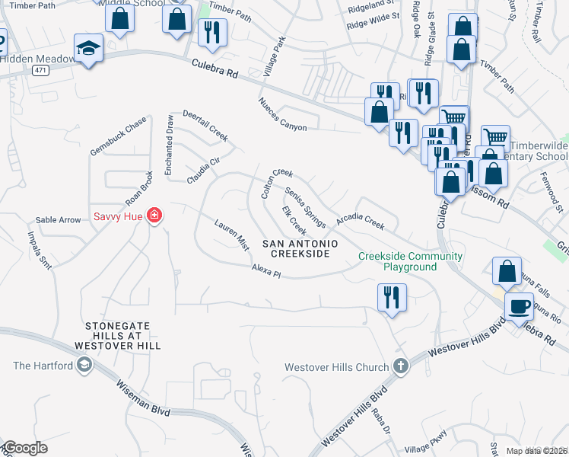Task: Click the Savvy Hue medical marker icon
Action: click(154, 216)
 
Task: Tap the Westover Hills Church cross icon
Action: click(401, 367)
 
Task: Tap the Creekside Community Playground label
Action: click(410, 262)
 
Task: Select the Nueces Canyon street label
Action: click(281, 114)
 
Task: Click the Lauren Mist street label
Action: click(231, 235)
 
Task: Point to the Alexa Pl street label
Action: click(267, 272)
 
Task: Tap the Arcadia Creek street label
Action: click(361, 221)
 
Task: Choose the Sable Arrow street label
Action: click(58, 220)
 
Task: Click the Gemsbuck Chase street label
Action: click(117, 135)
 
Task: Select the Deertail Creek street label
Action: click(205, 125)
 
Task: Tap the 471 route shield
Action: click(37, 70)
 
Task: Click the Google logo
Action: click(25, 448)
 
